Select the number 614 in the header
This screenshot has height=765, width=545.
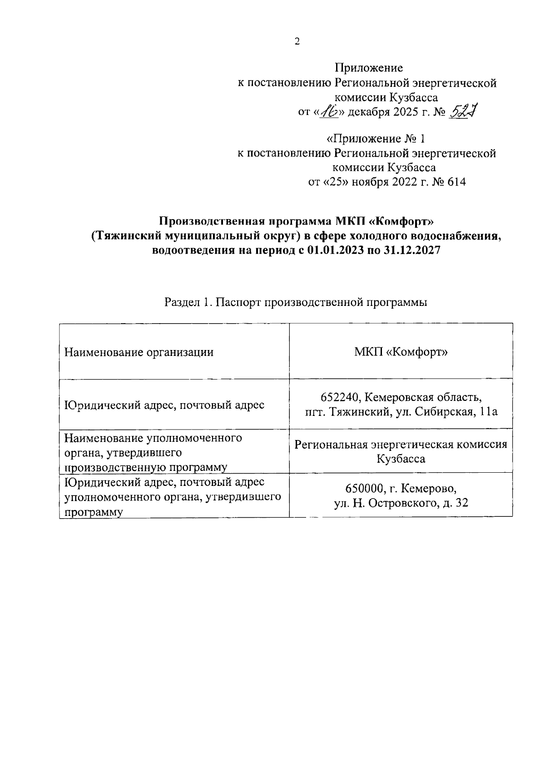click(456, 182)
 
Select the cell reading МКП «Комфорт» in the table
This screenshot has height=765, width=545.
click(401, 352)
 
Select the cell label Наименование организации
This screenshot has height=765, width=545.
click(139, 352)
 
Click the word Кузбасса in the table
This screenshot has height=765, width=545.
click(401, 459)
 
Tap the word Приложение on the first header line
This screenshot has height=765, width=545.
click(369, 68)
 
